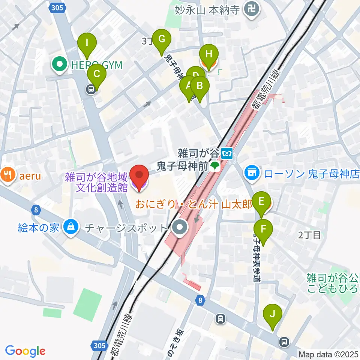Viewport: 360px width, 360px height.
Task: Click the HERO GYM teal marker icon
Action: (x=60, y=65)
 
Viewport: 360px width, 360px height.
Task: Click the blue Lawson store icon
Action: (x=251, y=173)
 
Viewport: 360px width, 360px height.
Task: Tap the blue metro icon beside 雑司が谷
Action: (x=227, y=153)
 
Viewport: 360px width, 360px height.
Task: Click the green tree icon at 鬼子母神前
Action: (x=215, y=166)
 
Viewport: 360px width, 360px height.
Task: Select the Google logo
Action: (x=25, y=351)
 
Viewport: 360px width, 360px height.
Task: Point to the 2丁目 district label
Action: (x=310, y=235)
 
